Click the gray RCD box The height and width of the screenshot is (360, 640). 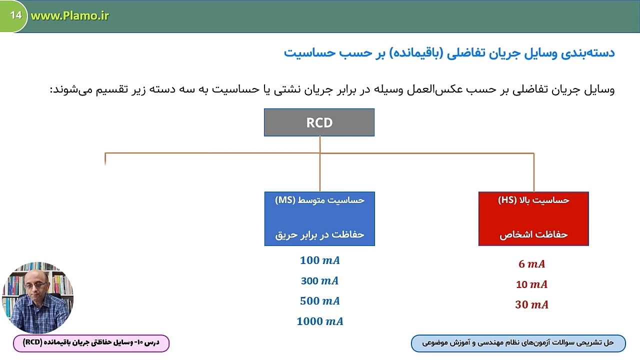click(319, 122)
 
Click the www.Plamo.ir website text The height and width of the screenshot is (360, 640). click(69, 15)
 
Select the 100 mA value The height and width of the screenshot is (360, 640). click(319, 260)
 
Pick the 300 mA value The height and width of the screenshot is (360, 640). click(319, 281)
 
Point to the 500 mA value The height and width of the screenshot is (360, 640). click(319, 301)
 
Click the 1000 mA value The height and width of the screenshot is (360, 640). click(319, 321)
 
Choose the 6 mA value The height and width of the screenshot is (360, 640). click(531, 264)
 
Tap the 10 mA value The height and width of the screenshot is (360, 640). click(531, 284)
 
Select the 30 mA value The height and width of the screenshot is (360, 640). click(531, 304)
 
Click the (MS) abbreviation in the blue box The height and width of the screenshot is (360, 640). click(285, 200)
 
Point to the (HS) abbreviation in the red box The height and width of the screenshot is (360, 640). click(507, 200)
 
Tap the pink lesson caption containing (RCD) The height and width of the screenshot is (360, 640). click(91, 343)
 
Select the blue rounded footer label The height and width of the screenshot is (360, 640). click(518, 343)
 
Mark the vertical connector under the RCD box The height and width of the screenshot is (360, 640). click(319, 163)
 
